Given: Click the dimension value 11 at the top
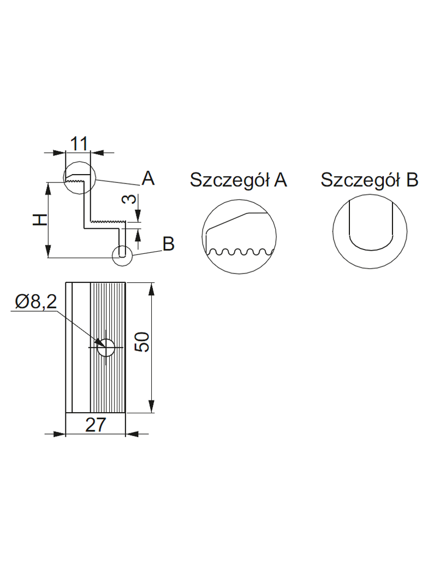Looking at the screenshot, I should (x=79, y=144).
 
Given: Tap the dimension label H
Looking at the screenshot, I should (x=38, y=219).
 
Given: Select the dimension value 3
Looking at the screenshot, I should (x=126, y=199).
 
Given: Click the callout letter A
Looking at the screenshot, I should (x=148, y=178).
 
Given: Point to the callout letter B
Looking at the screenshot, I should (x=169, y=244).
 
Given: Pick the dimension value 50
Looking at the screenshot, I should (x=141, y=343).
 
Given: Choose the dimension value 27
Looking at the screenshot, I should (x=95, y=425).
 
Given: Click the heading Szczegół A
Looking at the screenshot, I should (x=238, y=180).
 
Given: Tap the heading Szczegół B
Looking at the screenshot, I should (x=369, y=180).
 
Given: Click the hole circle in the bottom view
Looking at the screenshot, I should (x=105, y=347).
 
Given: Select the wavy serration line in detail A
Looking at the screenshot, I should (x=239, y=252).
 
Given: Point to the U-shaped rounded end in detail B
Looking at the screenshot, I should (x=370, y=244).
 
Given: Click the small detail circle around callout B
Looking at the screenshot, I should (x=122, y=254).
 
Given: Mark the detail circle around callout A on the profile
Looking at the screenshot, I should (x=79, y=177).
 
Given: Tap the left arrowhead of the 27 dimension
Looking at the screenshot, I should (x=60, y=434).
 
